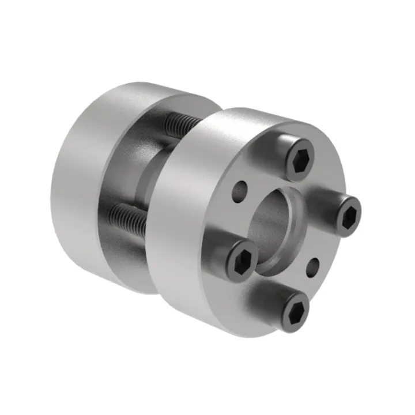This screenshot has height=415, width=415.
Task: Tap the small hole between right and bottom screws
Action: pos(314,266)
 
